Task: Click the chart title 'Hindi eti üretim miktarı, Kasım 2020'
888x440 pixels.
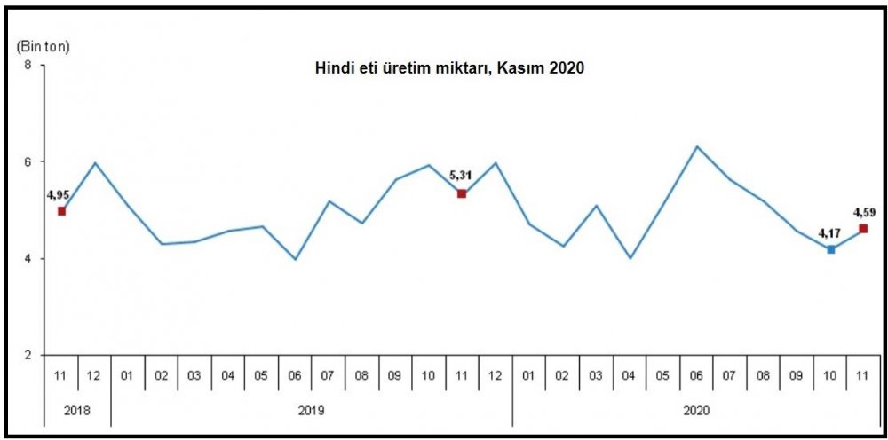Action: [x=450, y=69]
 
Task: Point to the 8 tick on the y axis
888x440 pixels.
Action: [x=28, y=66]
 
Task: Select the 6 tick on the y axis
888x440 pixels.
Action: [x=28, y=162]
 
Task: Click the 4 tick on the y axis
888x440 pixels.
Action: [x=28, y=259]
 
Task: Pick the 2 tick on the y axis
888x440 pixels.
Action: [x=28, y=356]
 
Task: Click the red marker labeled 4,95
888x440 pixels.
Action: [x=61, y=211]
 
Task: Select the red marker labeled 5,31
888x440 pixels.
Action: [x=462, y=193]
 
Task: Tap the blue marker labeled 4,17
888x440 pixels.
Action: [x=830, y=249]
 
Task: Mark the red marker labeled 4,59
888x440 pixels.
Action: [x=864, y=229]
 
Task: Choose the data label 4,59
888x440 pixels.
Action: [x=864, y=213]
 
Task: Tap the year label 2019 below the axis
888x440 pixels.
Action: [x=311, y=411]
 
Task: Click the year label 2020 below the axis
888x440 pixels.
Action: [x=696, y=411]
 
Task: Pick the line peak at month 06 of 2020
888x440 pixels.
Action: [x=697, y=146]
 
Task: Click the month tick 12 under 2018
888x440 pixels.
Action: [x=95, y=376]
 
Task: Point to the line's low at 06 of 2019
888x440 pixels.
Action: [x=295, y=259]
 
